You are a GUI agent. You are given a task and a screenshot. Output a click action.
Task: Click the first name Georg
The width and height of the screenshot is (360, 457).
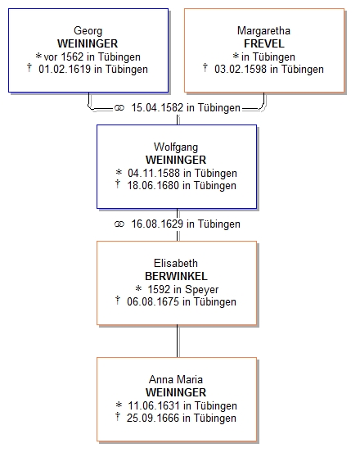coord(88,31)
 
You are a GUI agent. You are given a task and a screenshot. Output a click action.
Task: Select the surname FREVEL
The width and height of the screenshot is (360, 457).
coord(264,43)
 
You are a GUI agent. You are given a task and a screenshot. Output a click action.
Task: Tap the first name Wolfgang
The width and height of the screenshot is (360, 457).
coord(176,147)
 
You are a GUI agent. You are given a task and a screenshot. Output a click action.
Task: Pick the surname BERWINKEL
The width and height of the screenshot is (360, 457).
coord(176,276)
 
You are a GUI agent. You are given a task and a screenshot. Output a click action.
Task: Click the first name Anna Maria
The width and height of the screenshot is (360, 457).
coord(176,379)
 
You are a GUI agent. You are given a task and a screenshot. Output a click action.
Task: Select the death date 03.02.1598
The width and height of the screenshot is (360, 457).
coord(241,70)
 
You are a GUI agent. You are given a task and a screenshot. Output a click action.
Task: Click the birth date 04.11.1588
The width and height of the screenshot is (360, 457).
coord(154,173)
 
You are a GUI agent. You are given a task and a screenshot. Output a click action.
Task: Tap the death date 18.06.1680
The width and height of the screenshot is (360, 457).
coord(153,186)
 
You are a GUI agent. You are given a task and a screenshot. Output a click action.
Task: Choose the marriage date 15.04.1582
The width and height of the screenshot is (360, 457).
coord(157,108)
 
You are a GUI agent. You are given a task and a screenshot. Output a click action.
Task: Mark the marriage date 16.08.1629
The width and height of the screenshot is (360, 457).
coord(157,224)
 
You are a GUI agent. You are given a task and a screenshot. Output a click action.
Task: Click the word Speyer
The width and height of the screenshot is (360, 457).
coord(202,290)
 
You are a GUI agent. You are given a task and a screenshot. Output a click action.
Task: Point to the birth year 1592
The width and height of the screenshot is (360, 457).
coord(159,289)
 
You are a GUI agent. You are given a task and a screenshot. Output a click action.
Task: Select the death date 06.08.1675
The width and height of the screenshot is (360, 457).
coord(153,302)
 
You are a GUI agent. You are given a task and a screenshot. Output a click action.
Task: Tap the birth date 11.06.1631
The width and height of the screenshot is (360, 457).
coord(154,405)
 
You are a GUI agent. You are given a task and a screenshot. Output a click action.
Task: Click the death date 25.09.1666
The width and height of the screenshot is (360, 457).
coord(153,419)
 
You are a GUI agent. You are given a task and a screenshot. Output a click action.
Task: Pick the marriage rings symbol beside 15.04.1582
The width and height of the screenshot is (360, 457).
coord(119,108)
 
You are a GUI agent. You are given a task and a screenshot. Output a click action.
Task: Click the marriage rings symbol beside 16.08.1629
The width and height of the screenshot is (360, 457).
coord(119,224)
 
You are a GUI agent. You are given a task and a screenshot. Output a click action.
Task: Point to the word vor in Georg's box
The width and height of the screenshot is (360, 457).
coord(51,57)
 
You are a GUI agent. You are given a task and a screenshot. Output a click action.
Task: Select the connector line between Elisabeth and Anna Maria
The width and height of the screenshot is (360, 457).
coord(178,341)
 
